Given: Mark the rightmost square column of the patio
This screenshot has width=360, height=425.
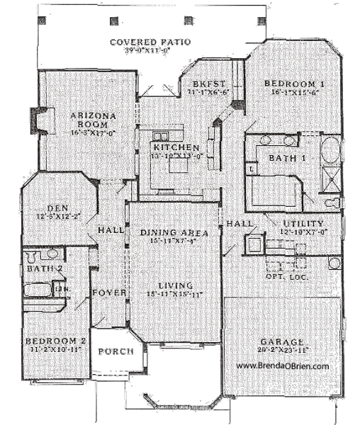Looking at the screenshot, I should [261, 19].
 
